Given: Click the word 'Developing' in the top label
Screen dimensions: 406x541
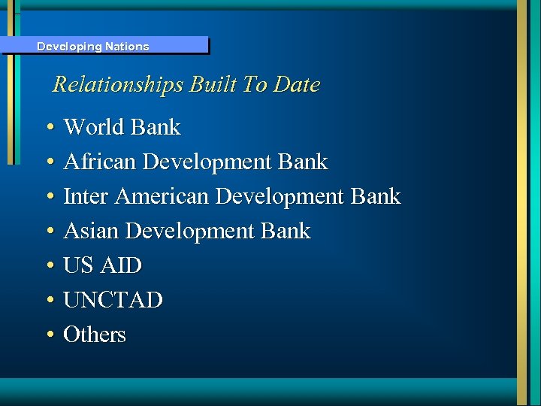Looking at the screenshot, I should pyautogui.click(x=69, y=47).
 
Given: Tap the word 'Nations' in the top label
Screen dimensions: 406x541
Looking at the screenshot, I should pyautogui.click(x=127, y=47).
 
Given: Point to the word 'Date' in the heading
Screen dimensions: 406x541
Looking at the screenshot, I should pyautogui.click(x=297, y=84).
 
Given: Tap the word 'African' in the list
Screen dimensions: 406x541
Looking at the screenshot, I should pyautogui.click(x=100, y=162).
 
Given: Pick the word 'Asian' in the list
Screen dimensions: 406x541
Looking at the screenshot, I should pyautogui.click(x=92, y=231).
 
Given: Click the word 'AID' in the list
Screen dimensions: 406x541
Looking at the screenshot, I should pyautogui.click(x=122, y=265).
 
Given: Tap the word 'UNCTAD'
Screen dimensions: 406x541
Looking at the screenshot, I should pyautogui.click(x=113, y=300).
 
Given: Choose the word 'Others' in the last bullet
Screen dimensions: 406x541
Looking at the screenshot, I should pyautogui.click(x=95, y=335).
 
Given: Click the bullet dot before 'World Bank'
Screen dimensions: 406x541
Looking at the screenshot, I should pyautogui.click(x=48, y=128).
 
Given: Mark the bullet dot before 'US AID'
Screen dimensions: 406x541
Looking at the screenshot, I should pyautogui.click(x=48, y=266).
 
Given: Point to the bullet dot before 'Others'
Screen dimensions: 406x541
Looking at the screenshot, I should pyautogui.click(x=48, y=335).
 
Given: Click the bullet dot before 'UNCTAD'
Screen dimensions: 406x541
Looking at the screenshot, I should pyautogui.click(x=48, y=301).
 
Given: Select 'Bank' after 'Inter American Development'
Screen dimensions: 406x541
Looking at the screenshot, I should pyautogui.click(x=376, y=196).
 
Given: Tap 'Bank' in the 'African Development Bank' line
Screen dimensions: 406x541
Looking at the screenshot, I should pyautogui.click(x=303, y=162).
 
